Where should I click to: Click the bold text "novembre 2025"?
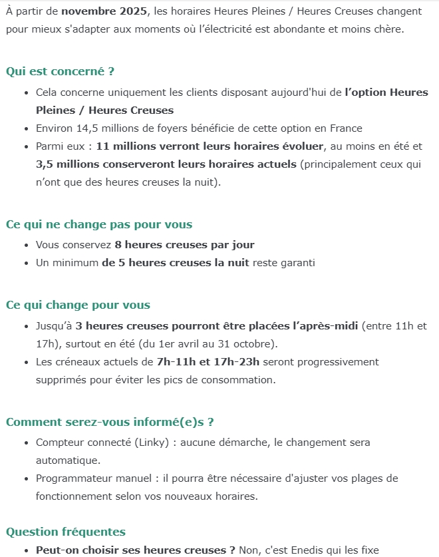pos(103,11)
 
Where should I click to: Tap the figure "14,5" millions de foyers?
pos(82,128)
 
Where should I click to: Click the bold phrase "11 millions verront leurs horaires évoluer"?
pos(210,146)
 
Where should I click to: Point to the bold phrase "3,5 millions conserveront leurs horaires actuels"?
pos(166,164)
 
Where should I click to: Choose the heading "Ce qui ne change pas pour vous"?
pos(99,224)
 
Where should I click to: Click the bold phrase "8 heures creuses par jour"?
pos(184,245)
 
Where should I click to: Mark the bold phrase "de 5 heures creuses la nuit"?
pos(175,263)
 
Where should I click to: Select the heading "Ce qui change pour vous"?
pos(78,305)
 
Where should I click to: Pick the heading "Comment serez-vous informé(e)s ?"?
pos(110,422)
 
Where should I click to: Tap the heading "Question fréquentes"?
pos(66,532)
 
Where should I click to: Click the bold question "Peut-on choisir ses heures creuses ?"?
pos(136,550)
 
